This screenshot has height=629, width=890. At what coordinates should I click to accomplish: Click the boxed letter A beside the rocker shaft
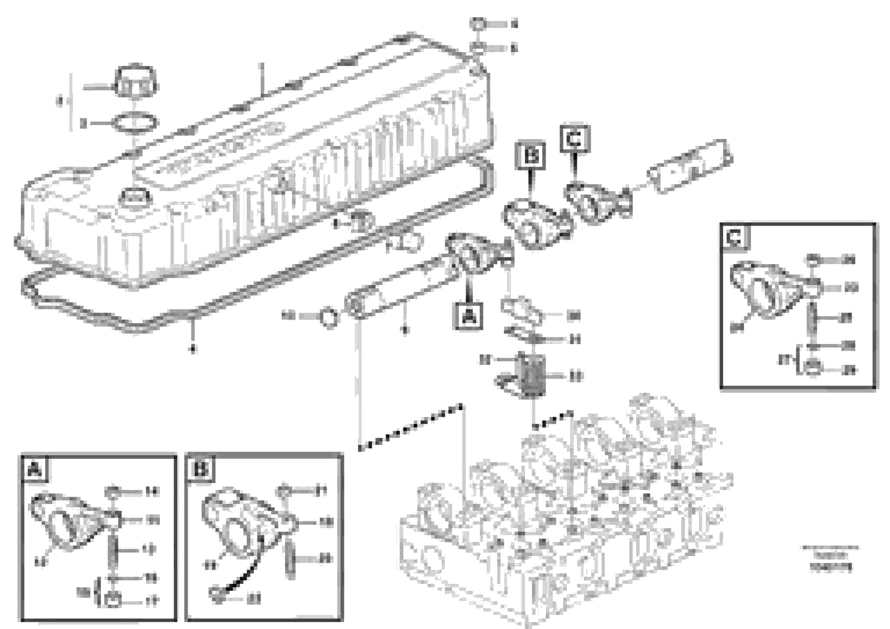[469, 316]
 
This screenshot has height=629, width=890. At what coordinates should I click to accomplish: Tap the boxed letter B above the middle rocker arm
[531, 156]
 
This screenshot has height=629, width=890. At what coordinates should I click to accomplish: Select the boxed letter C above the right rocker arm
[575, 139]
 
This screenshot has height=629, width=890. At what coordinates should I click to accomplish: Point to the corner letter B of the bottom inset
[200, 470]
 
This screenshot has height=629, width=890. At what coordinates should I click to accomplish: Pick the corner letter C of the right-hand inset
[735, 237]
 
